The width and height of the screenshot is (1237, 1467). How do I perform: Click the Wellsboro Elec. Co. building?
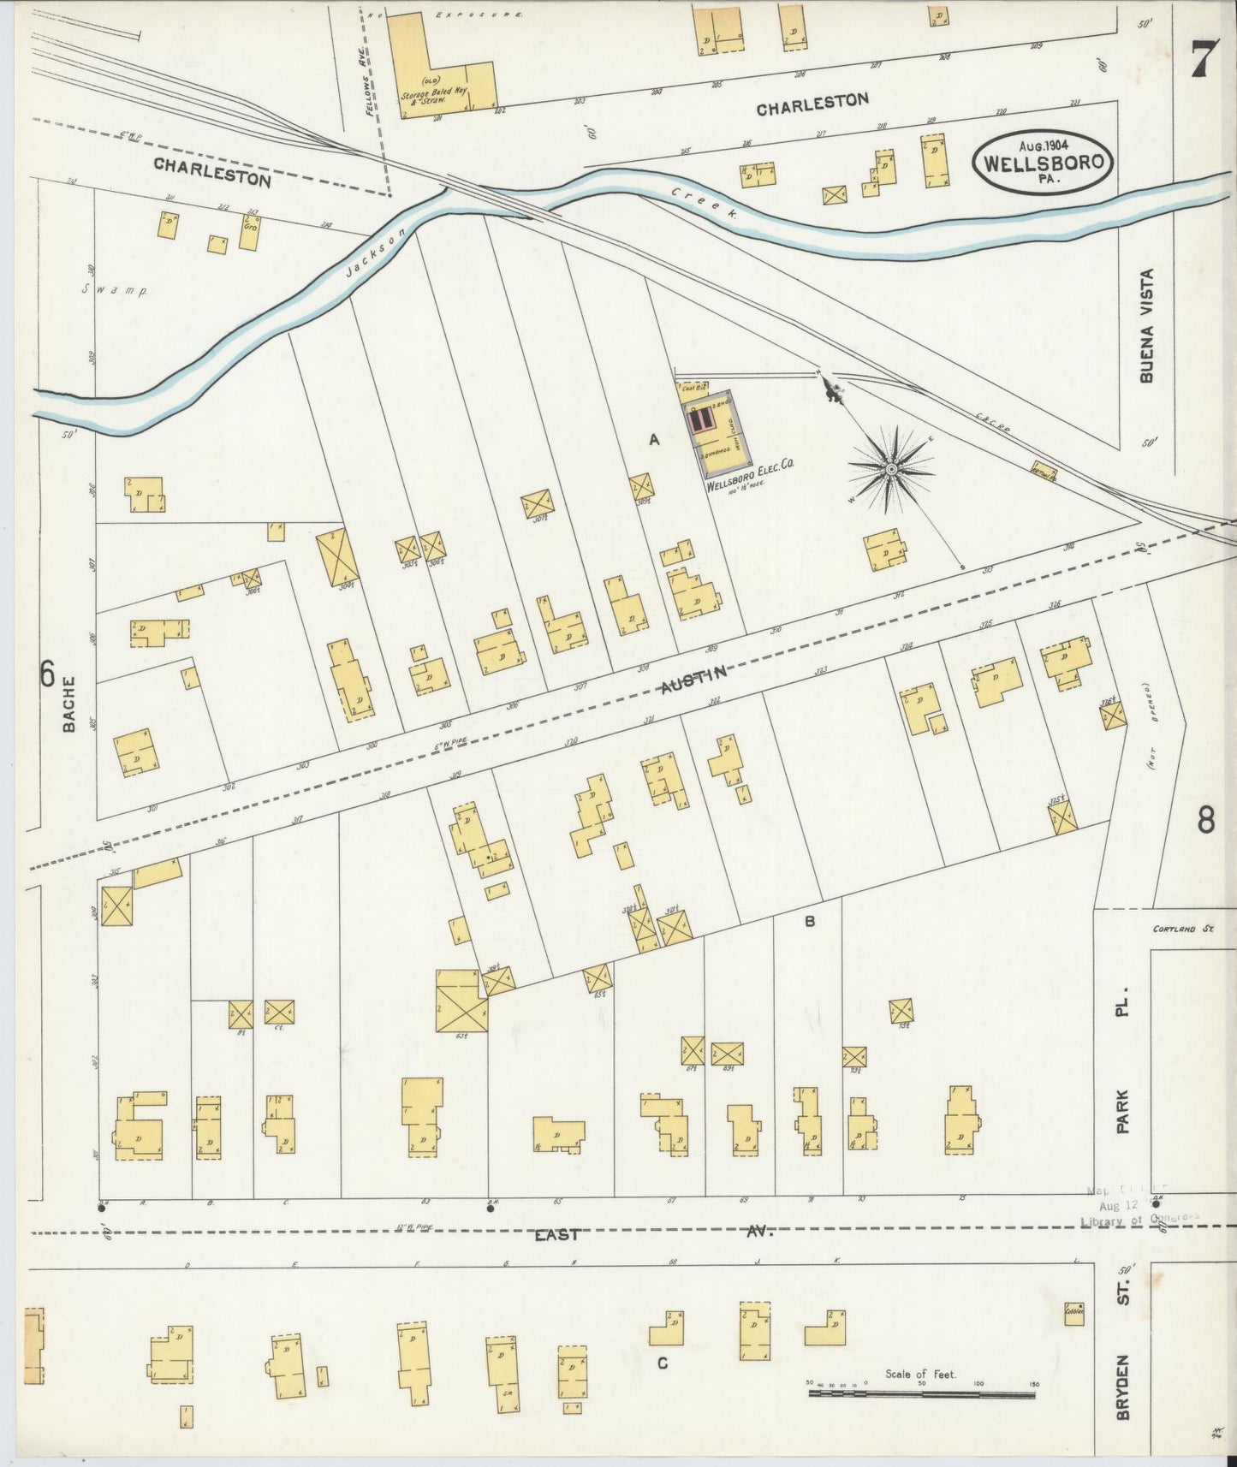coord(717,432)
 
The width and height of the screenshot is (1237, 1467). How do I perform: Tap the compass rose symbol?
coord(891,469)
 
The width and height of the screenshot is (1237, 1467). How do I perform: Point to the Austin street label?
coord(694,680)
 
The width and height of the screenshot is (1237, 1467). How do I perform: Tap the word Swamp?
coord(115,290)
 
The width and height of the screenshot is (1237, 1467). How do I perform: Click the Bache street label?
coord(69,704)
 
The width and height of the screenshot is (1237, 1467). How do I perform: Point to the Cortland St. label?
coord(1184,929)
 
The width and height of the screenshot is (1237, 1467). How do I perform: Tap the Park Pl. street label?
coord(1123,1061)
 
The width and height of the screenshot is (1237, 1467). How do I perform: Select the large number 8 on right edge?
coord(1205,821)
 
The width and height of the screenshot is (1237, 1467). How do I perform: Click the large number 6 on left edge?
coord(47,675)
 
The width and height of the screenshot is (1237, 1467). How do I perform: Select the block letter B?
coord(809,922)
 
